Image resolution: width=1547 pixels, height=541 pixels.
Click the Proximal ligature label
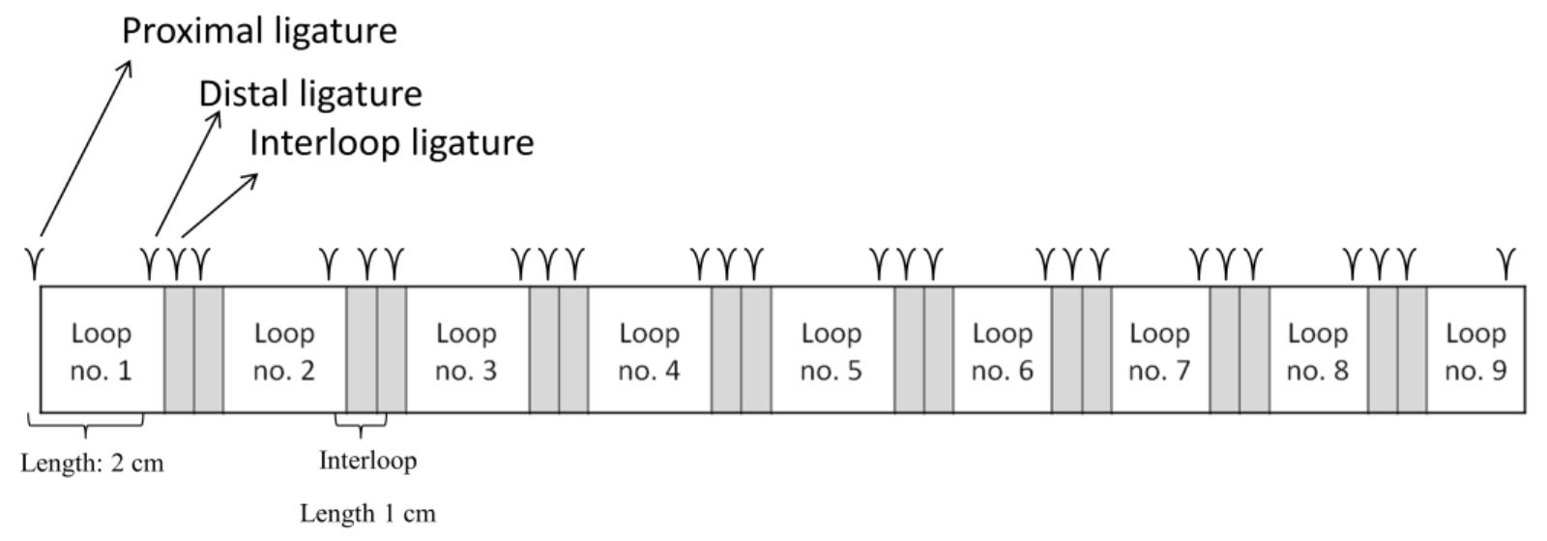tap(259, 31)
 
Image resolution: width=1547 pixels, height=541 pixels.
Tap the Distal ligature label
tap(310, 94)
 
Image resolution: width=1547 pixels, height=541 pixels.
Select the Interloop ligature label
tap(392, 142)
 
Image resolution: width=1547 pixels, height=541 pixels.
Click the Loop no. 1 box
tap(101, 350)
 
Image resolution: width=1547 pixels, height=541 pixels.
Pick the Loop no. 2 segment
tap(284, 350)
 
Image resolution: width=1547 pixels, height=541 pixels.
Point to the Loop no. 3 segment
tap(466, 350)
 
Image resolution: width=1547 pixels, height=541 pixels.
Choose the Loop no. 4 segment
tap(649, 350)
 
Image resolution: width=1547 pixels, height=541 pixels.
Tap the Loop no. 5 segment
tap(832, 350)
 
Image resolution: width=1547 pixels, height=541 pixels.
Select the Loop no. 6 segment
tap(1002, 350)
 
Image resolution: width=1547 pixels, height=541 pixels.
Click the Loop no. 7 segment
tap(1159, 350)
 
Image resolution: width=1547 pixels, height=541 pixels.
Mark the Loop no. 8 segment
tap(1317, 350)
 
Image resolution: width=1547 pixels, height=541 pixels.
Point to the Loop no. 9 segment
tap(1475, 350)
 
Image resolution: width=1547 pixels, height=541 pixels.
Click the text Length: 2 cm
tap(93, 464)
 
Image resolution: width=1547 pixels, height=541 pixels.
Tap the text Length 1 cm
tap(367, 513)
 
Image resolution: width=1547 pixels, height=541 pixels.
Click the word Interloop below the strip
tap(367, 460)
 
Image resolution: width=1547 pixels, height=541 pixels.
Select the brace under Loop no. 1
tap(86, 424)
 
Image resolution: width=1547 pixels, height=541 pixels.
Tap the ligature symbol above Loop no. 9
tap(1505, 262)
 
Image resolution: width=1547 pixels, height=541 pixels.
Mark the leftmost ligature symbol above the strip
tap(36, 262)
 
